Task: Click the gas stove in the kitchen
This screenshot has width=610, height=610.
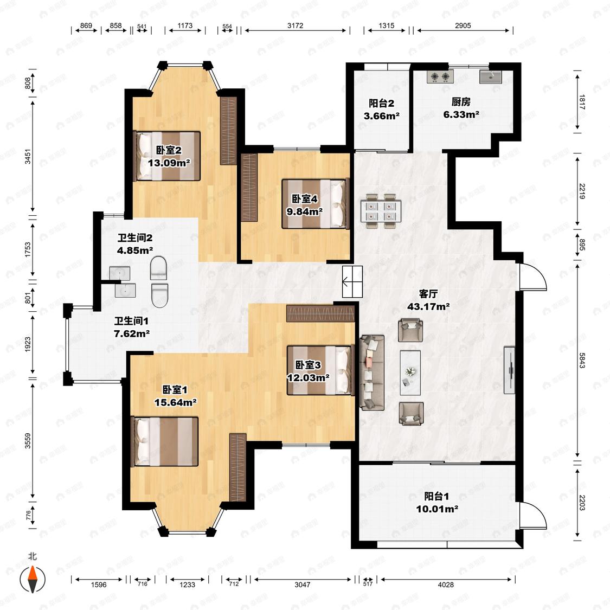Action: point(440,76)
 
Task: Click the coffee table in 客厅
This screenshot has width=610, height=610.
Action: point(410,370)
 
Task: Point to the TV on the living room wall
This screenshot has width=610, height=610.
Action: point(509,370)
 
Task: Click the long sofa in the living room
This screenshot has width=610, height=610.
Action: point(372,373)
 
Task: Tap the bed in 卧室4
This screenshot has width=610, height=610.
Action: point(314,203)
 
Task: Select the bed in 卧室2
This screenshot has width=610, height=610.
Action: point(168,156)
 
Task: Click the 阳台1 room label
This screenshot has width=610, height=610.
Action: point(436,496)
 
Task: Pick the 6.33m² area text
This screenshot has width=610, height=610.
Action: point(461,114)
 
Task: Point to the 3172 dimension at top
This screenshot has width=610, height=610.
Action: point(296,25)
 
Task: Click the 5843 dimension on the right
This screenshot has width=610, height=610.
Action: point(582,360)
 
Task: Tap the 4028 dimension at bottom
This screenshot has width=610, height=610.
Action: point(446,585)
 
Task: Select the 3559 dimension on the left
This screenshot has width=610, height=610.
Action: point(28,441)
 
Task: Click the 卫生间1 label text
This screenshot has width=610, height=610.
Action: point(132,321)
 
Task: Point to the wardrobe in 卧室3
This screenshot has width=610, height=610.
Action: point(320,313)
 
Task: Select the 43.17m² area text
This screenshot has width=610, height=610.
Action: point(428,306)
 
